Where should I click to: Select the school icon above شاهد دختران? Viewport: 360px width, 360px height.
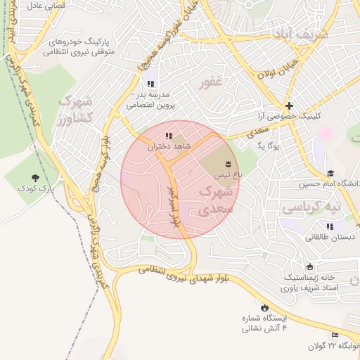(x=168, y=136)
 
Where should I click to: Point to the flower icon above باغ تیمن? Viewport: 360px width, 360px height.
(x=226, y=164)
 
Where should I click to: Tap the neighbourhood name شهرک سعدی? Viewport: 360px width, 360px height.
(x=213, y=200)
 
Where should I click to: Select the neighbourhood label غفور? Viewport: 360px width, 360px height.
(x=210, y=83)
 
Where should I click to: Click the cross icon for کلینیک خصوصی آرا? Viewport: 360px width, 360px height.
(x=288, y=105)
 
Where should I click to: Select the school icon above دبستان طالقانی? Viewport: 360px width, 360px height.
(x=330, y=226)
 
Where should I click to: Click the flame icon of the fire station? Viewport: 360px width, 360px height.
(x=264, y=307)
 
